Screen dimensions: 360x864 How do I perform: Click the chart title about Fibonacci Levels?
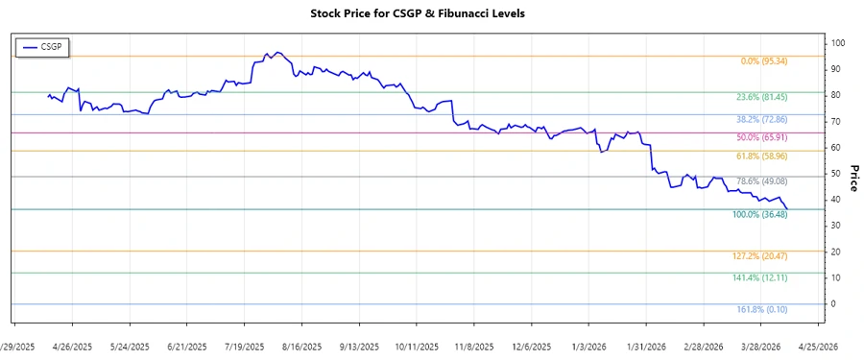(431, 13)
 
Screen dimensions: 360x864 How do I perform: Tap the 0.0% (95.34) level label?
(764, 61)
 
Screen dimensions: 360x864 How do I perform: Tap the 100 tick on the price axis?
(839, 43)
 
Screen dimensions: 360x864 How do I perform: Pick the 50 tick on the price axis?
(837, 174)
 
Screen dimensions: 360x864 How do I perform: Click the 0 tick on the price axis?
(834, 303)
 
